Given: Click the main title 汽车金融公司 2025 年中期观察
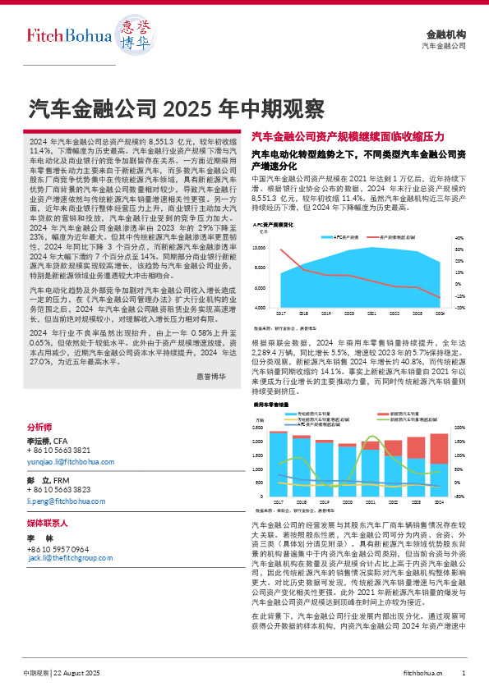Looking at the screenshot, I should point(177,108).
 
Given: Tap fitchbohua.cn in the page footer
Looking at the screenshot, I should point(424,673).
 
